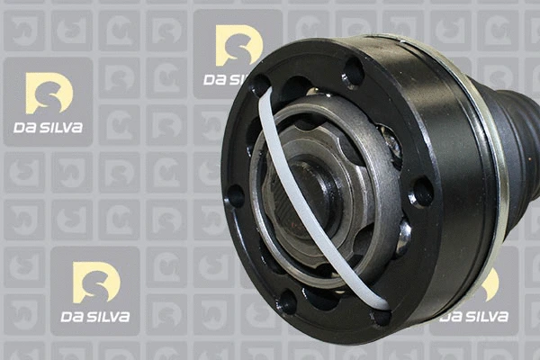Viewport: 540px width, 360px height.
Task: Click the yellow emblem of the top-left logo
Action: click(x=49, y=93)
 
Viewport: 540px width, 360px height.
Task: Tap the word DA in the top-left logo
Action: click(x=24, y=128)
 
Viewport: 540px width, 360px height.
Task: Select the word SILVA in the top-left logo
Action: click(x=60, y=128)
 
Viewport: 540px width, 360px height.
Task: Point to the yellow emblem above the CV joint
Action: click(x=238, y=45)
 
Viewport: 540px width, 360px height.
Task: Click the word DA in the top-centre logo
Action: click(x=216, y=79)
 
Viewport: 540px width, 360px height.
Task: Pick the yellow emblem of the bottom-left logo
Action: click(x=96, y=282)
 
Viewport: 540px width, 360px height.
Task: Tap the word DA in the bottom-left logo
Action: click(x=72, y=317)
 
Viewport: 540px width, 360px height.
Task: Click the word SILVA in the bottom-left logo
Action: click(x=108, y=317)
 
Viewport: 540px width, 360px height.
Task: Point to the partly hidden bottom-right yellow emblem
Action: click(x=490, y=284)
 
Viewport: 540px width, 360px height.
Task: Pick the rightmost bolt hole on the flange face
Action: click(x=420, y=191)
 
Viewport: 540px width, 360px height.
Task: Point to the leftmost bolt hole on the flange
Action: click(x=235, y=194)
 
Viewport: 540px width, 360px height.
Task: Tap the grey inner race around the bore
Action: click(x=360, y=180)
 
